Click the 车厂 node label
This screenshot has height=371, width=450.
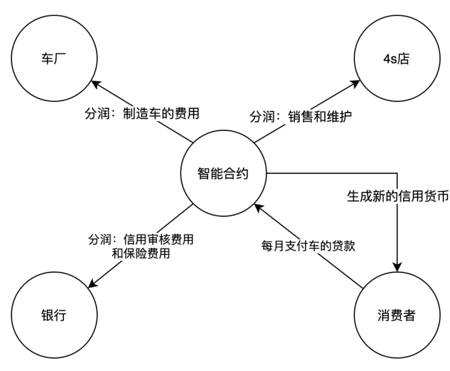pos(54,59)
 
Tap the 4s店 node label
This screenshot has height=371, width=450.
pos(396,59)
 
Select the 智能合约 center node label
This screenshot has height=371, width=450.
pos(223,173)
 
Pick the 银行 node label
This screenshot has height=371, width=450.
pos(54,315)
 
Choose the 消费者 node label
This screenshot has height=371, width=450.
pos(397,315)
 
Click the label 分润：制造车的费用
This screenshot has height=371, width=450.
pos(142,113)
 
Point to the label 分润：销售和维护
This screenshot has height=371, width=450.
pos(300,117)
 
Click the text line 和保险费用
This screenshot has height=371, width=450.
pos(141,254)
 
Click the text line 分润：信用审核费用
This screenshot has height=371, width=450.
pos(141,240)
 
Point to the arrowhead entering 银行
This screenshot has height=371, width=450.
pos(92,284)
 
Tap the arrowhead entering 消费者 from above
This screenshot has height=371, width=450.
pos(397,267)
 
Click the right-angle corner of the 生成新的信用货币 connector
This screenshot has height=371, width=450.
pos(397,173)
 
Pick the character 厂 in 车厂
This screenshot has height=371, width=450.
pos(60,59)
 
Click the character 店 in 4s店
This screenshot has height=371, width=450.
pos(403,59)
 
